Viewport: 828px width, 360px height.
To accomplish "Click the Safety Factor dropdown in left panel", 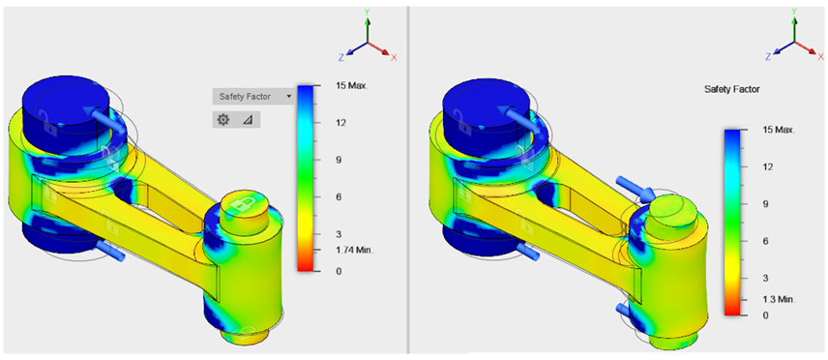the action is [x=253, y=96].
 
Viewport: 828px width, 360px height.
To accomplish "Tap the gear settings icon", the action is [x=223, y=120].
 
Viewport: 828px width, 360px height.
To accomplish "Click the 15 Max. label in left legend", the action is [x=351, y=85].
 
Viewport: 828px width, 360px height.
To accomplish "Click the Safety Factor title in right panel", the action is [x=732, y=90].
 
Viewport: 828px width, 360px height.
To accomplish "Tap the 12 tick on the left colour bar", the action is [x=340, y=123].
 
